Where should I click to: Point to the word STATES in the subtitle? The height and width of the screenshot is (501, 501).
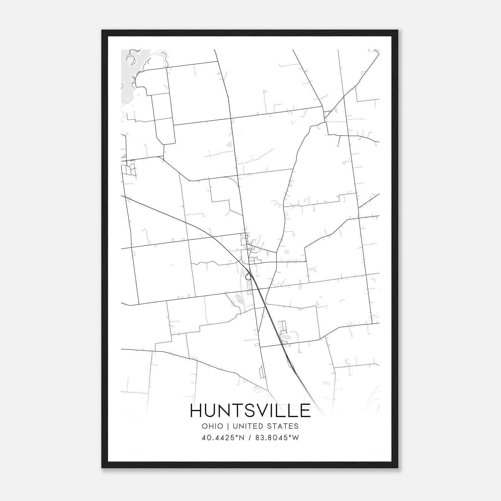click(x=284, y=426)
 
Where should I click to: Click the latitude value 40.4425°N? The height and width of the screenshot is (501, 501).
click(x=223, y=438)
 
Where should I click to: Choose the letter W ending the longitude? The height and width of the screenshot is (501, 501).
click(x=296, y=438)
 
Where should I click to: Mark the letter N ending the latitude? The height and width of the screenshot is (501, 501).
click(x=243, y=438)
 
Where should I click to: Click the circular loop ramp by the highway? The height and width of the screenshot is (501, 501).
click(x=248, y=277)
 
